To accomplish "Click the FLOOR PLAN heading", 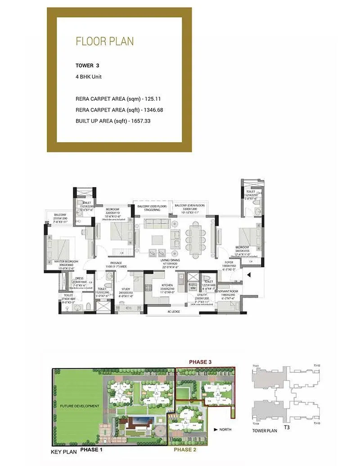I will (104, 42).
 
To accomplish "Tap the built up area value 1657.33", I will (139, 121).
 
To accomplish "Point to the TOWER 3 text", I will (87, 65).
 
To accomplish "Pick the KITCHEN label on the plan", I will (167, 285).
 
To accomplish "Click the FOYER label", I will (229, 262).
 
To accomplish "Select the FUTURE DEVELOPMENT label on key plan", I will (80, 406).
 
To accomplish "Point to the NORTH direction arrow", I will (216, 430).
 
